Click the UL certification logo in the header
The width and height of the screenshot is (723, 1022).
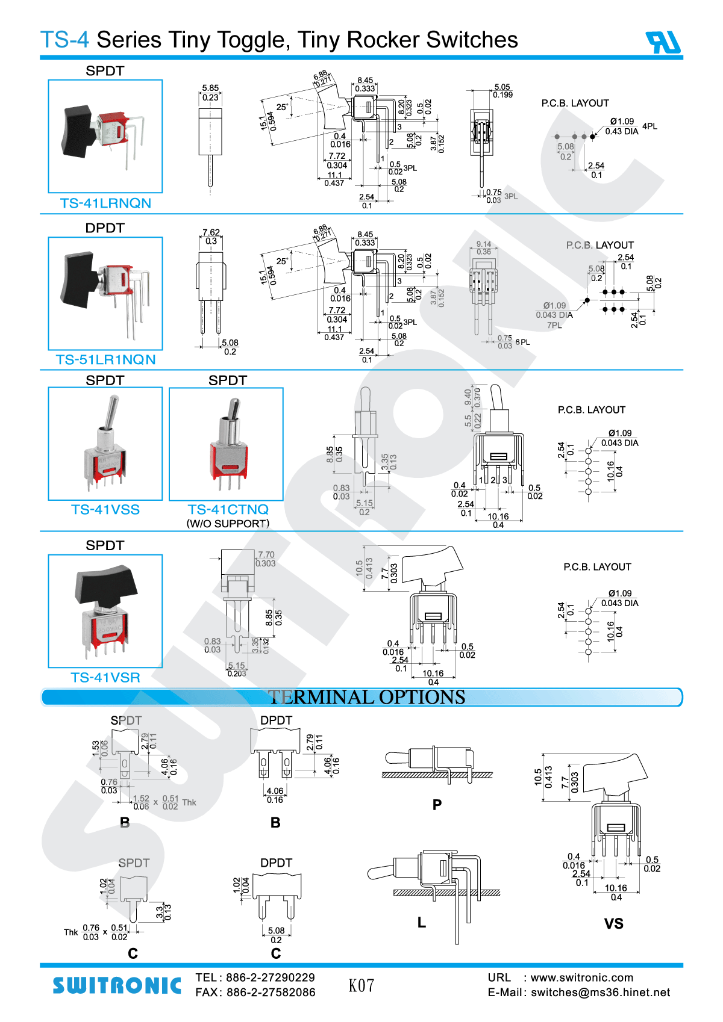pos(663,42)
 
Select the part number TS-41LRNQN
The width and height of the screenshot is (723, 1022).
pos(105,203)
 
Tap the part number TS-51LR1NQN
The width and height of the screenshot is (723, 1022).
pos(105,360)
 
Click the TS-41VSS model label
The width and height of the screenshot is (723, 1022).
pos(105,510)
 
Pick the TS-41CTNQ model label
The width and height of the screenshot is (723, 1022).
pos(228,510)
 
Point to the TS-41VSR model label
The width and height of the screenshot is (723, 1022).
pos(105,678)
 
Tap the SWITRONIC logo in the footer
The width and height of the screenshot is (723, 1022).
pos(117,985)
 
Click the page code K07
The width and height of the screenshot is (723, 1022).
pos(361,985)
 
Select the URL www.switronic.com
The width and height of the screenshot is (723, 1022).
pos(581,977)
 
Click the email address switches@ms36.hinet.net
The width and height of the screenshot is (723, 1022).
pos(600,993)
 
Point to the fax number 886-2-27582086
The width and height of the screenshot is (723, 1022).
pos(271,993)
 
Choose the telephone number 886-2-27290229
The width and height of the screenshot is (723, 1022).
pos(271,977)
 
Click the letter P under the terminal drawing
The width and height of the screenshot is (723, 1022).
pos(437,805)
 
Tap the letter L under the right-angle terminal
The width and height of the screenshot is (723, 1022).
pos(422,922)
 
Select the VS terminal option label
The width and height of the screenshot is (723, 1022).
pos(613,924)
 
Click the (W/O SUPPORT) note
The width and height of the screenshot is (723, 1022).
pos(228,524)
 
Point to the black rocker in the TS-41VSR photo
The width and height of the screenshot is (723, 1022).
pos(105,584)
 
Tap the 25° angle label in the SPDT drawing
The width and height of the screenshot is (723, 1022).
pos(282,107)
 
